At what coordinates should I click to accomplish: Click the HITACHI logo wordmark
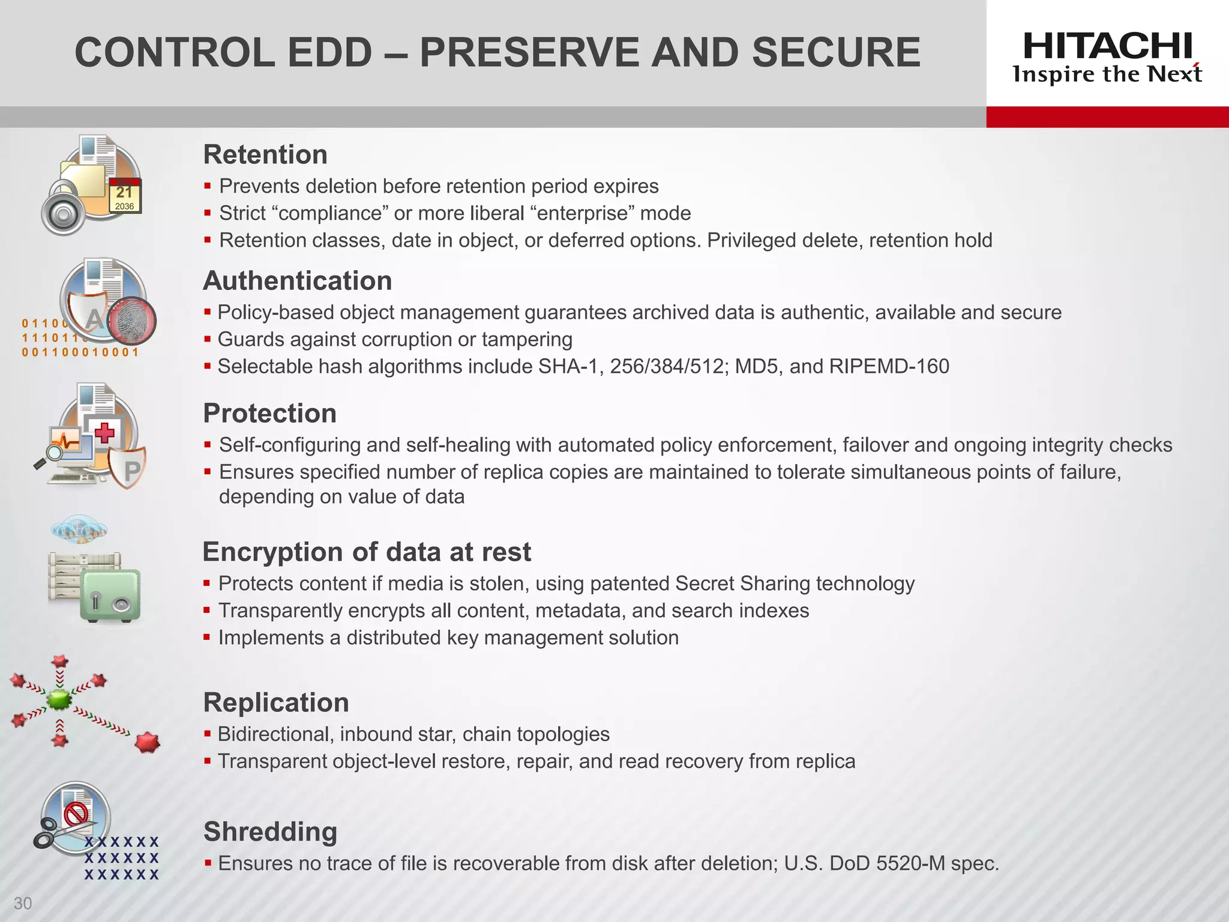pyautogui.click(x=1107, y=46)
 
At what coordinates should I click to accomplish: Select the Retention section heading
pyautogui.click(x=265, y=155)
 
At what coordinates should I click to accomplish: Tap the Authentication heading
pyautogui.click(x=298, y=281)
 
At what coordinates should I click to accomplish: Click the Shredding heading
pyautogui.click(x=270, y=832)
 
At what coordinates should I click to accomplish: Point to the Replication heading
pyautogui.click(x=276, y=703)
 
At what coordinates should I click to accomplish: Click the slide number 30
pyautogui.click(x=23, y=903)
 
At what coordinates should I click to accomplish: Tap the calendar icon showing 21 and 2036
pyautogui.click(x=125, y=196)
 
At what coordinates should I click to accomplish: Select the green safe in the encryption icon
pyautogui.click(x=110, y=595)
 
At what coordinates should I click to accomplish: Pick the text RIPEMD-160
pyautogui.click(x=889, y=367)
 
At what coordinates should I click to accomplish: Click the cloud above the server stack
pyautogui.click(x=79, y=529)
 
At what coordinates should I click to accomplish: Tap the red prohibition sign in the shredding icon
pyautogui.click(x=76, y=814)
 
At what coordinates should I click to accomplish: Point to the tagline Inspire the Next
pyautogui.click(x=1107, y=74)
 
